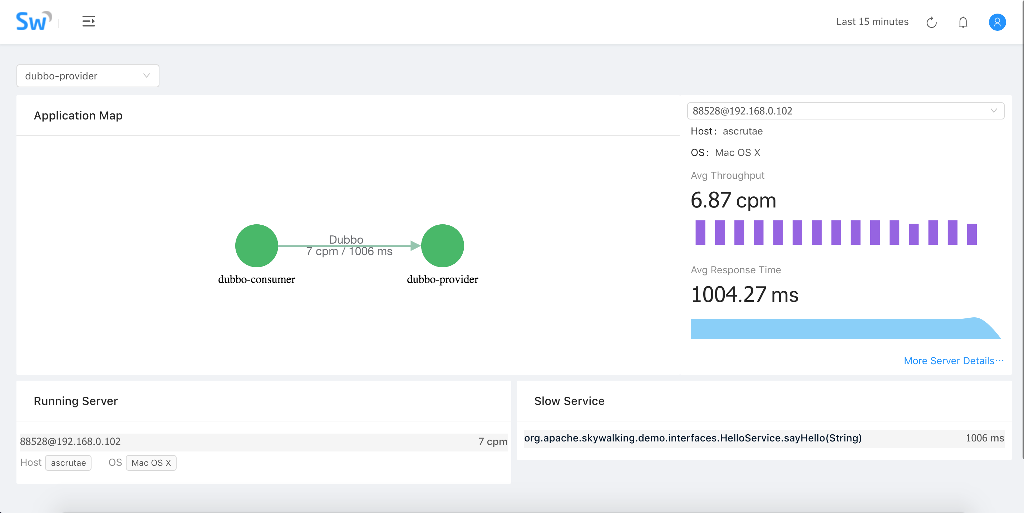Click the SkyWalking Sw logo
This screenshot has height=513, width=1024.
click(33, 21)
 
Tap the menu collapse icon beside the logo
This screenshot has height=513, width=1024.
click(88, 21)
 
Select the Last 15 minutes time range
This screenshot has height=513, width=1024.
click(872, 22)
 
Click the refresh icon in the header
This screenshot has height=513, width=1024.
click(931, 22)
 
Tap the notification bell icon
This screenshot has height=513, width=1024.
click(963, 22)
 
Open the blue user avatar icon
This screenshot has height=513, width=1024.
click(997, 22)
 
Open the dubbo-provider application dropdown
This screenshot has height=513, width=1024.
click(88, 76)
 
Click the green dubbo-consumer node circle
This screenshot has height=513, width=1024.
click(256, 246)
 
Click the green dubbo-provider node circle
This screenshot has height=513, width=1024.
click(442, 246)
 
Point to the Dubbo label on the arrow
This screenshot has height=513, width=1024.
click(346, 239)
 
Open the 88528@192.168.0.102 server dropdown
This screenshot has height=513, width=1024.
click(845, 111)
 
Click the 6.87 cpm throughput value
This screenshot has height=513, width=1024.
click(733, 200)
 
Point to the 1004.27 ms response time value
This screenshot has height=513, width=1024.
click(744, 295)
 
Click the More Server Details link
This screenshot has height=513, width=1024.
click(953, 361)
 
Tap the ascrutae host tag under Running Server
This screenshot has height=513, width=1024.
click(68, 463)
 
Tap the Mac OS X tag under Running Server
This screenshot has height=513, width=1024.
click(151, 463)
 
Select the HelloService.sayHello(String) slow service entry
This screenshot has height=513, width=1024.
click(693, 438)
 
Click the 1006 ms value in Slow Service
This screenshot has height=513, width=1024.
click(984, 438)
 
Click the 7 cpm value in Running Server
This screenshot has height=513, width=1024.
click(493, 441)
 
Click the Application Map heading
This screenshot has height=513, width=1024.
click(78, 116)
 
